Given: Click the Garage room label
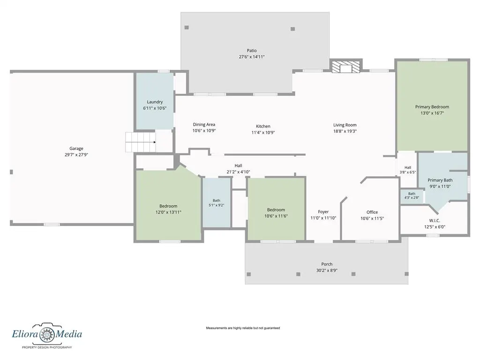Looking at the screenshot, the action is point(76,149).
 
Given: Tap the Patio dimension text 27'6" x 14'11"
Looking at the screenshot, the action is point(252,57).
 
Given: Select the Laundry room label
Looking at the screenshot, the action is point(155,102).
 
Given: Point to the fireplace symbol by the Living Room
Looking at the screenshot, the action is point(345,67).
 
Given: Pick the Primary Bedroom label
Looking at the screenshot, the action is point(432,107).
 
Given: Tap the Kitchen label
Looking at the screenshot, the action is point(263,126).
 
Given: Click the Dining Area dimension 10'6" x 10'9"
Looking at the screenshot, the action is point(204,131).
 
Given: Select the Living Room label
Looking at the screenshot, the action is point(345,125).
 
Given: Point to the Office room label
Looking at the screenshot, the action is point(372,212).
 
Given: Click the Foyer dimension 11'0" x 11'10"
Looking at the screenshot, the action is point(323,218).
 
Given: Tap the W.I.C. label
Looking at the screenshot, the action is point(435,220).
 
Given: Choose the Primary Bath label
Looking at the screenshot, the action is point(440,180).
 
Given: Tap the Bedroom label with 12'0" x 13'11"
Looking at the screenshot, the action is point(168,206).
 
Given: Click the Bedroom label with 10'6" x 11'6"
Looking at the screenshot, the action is point(276,210).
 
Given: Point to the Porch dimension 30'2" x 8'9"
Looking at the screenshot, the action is point(327,270).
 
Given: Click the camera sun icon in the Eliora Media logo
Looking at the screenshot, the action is point(47,334).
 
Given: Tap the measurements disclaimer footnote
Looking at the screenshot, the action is point(243,328).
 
